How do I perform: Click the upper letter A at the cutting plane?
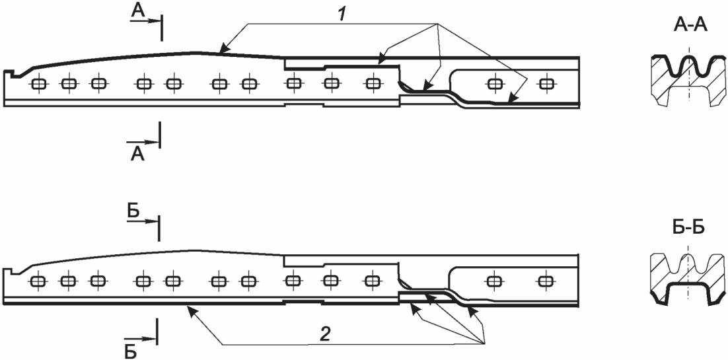pos(139,11)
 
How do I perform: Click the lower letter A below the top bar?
pos(137,153)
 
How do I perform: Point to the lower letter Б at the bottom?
pos(131,351)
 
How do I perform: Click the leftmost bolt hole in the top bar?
pos(38,85)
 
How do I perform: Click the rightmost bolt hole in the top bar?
pos(546,84)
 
